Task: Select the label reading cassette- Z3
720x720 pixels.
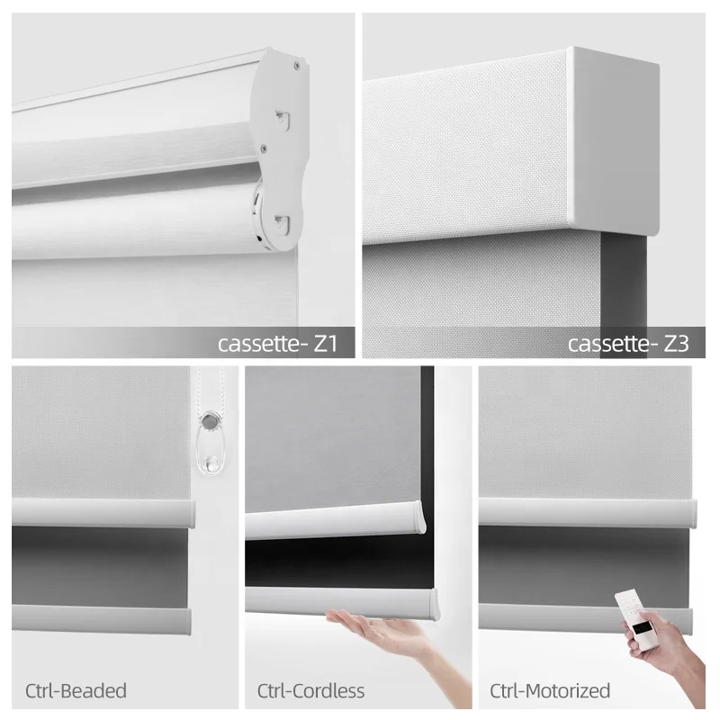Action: pyautogui.click(x=628, y=343)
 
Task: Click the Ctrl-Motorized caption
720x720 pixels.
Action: pyautogui.click(x=550, y=691)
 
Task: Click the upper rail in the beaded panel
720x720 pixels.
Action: pyautogui.click(x=103, y=514)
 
